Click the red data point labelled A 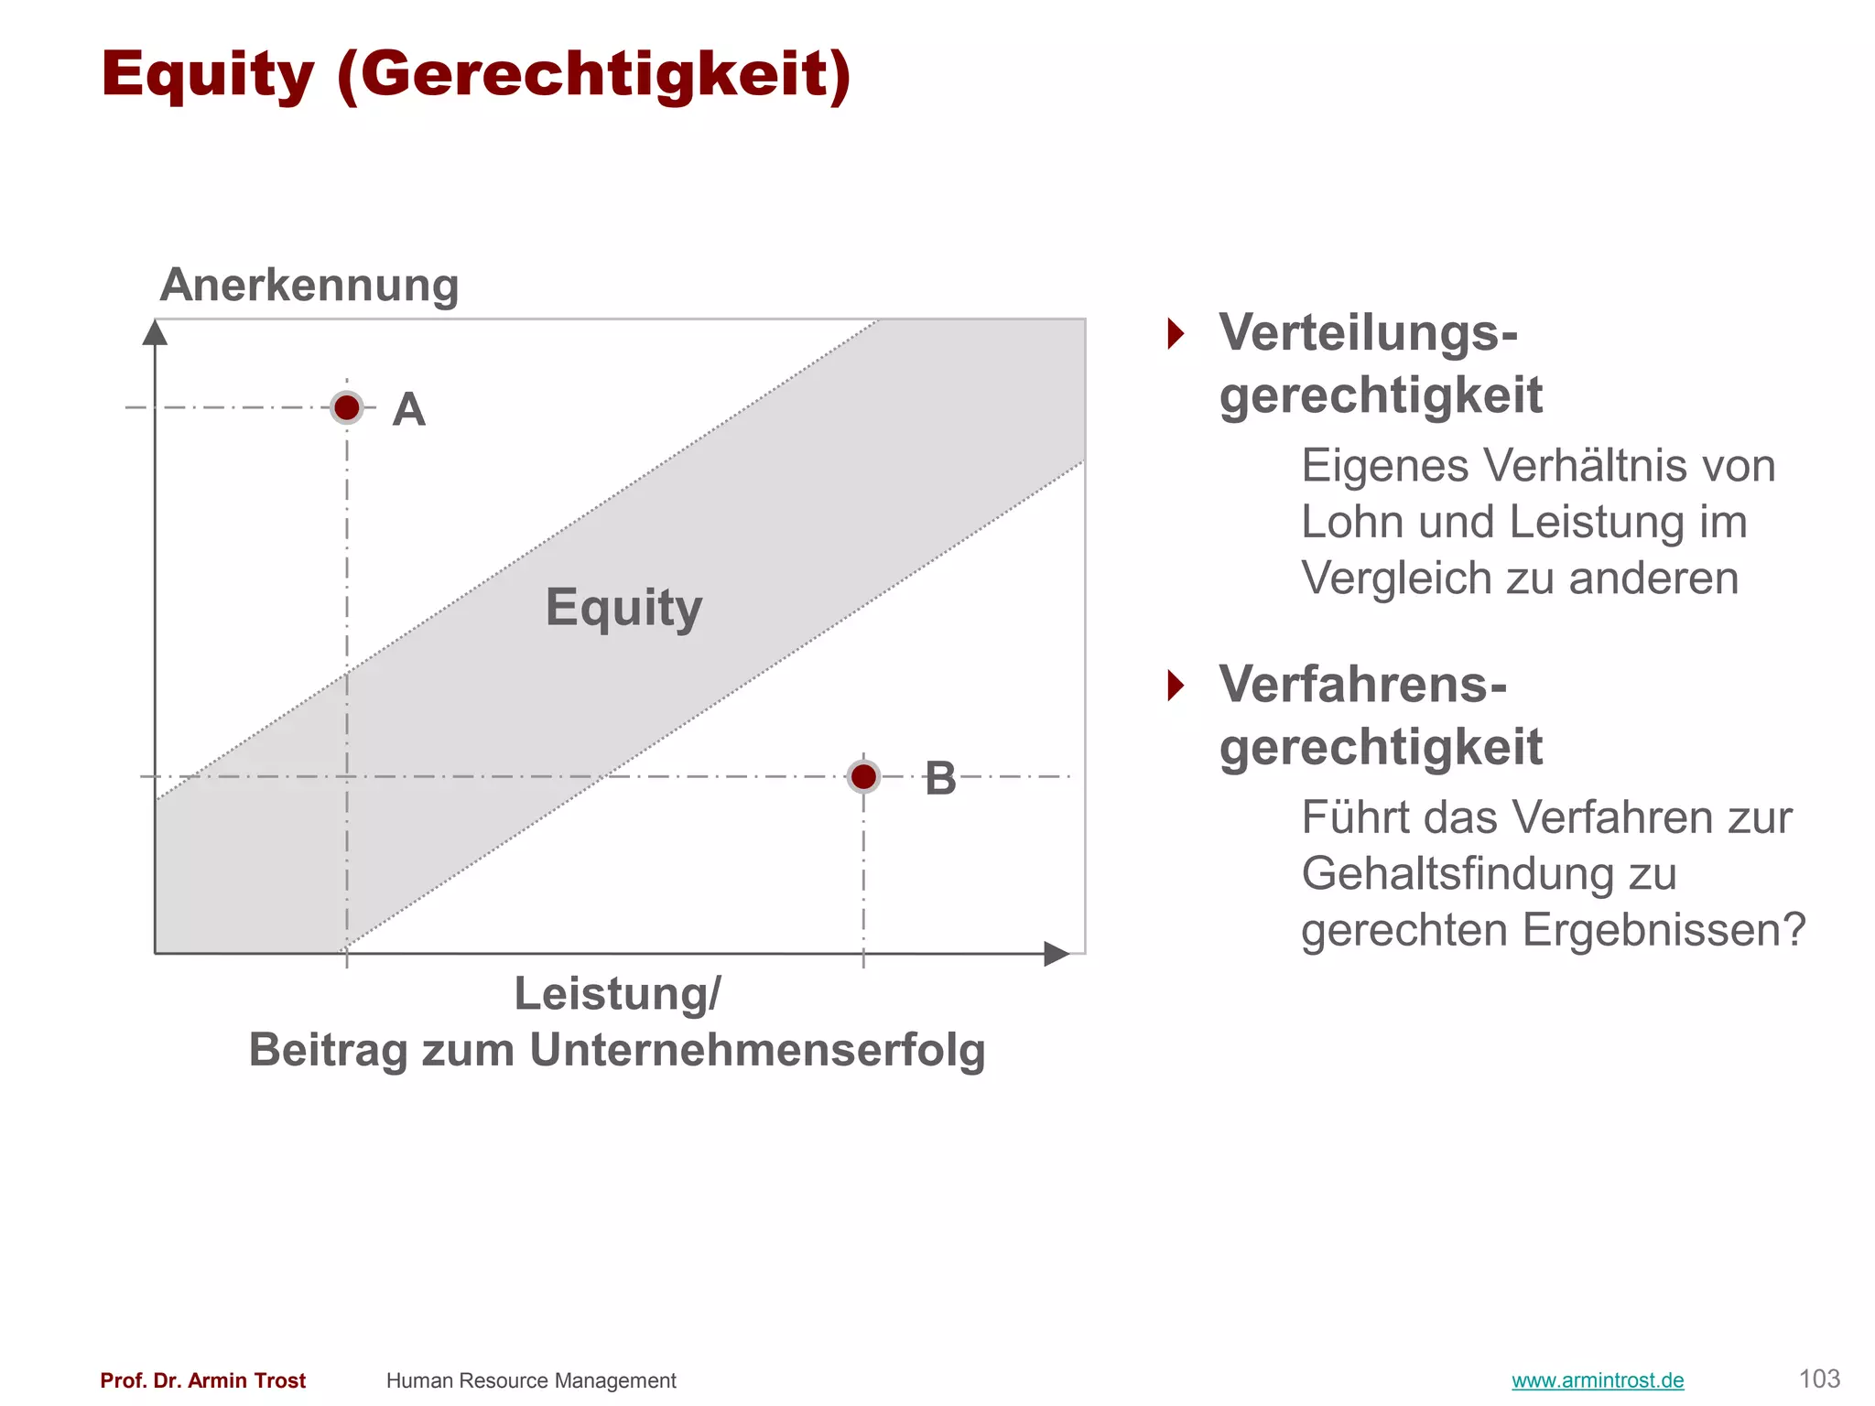(347, 407)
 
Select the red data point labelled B (863, 777)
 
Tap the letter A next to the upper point (408, 409)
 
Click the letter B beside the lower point (940, 778)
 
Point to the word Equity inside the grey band (623, 607)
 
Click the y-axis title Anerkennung (309, 285)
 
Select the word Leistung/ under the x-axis (617, 994)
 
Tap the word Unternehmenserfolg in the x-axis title (757, 1050)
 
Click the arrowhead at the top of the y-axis (156, 332)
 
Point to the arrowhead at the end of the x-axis (1057, 954)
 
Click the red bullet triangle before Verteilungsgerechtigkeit (1176, 333)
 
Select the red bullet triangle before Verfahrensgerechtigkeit (1176, 685)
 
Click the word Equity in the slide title (208, 75)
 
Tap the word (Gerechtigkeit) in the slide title (594, 75)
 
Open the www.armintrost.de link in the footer (1598, 1380)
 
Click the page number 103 (1819, 1379)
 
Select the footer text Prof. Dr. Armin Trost (203, 1380)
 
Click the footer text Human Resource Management (531, 1380)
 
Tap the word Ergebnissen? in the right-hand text (1664, 930)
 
